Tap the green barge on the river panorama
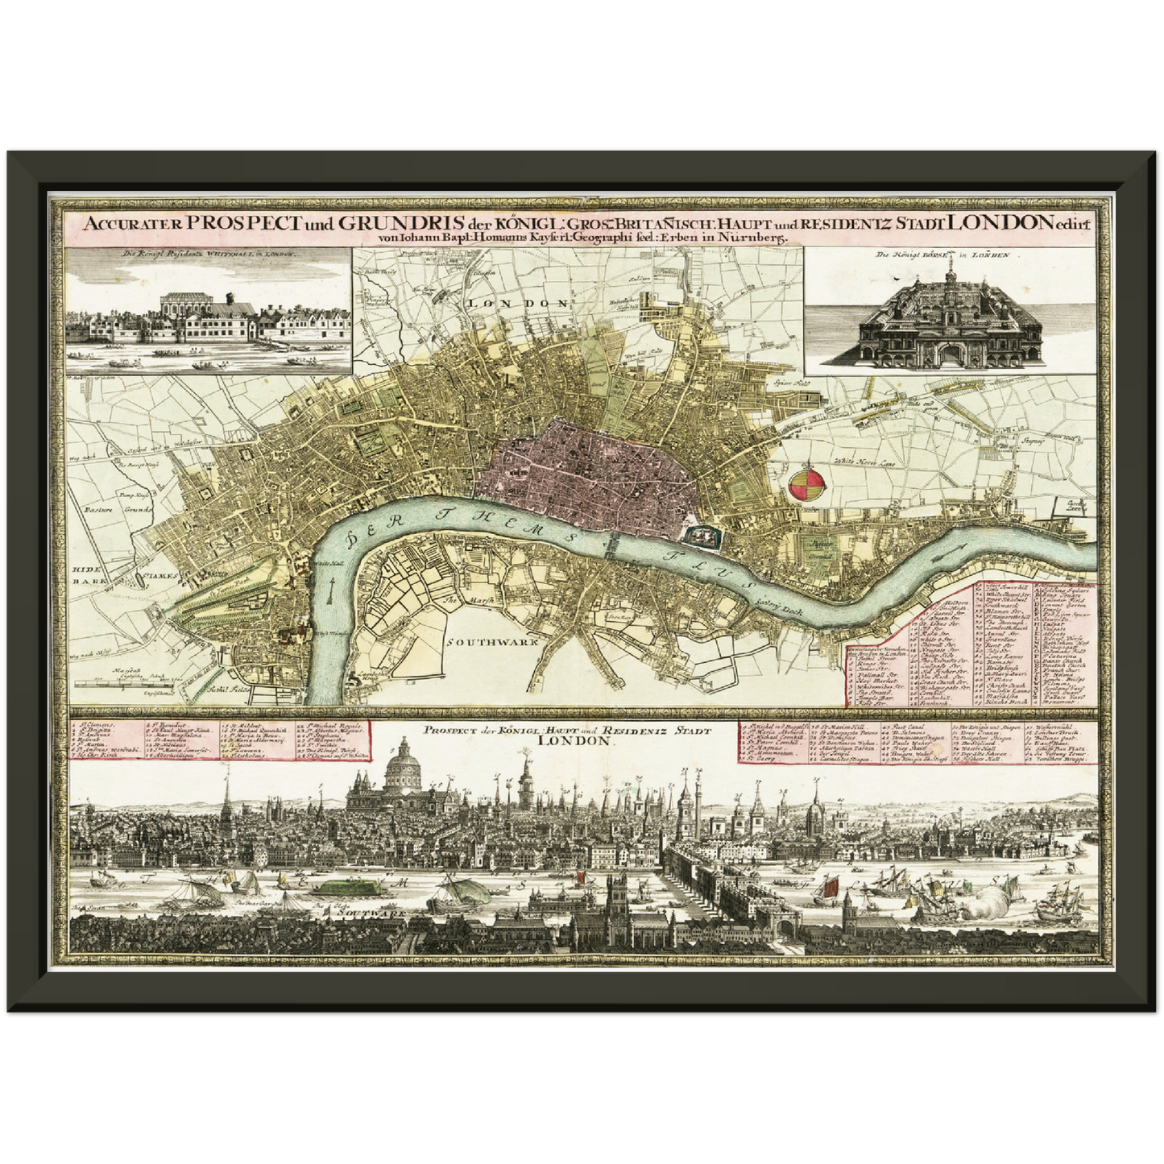point(348,888)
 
